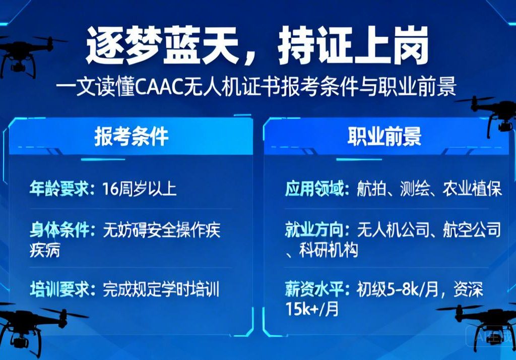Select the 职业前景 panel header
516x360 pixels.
[x=384, y=137]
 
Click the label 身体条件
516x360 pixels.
[x=60, y=231]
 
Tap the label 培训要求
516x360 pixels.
[x=60, y=289]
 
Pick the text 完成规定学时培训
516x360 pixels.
[x=161, y=289]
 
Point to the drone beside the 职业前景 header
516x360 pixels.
[x=491, y=113]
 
